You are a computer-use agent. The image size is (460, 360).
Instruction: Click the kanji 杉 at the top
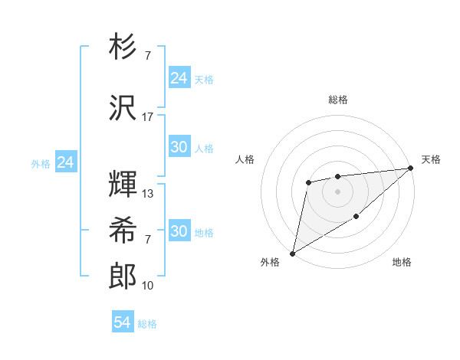click(x=123, y=47)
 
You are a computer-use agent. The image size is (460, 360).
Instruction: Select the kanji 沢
click(x=123, y=106)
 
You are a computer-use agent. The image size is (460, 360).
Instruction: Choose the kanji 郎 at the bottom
click(x=123, y=277)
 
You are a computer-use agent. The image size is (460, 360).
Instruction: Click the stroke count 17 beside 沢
click(x=148, y=116)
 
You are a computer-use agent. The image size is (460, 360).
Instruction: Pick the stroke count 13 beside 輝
click(x=148, y=194)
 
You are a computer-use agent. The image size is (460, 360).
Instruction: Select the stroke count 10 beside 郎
click(x=148, y=286)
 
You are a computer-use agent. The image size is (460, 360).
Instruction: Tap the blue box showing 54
click(x=123, y=322)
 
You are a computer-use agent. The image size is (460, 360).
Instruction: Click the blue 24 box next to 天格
click(x=179, y=78)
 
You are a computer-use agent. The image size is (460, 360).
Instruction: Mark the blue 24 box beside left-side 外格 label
click(x=65, y=162)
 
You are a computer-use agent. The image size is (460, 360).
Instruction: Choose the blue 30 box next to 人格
click(x=179, y=147)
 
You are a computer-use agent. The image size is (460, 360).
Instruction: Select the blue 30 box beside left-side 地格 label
click(x=179, y=231)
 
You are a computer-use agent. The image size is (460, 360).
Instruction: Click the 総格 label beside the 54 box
click(x=147, y=324)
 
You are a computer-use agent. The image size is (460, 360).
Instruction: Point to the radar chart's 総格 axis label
click(x=337, y=100)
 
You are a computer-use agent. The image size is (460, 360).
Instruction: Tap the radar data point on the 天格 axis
click(x=412, y=168)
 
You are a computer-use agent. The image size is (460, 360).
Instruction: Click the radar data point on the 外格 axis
click(x=292, y=253)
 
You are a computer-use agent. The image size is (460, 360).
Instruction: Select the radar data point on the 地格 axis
click(x=356, y=218)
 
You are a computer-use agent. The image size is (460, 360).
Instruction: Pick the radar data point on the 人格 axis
click(x=308, y=182)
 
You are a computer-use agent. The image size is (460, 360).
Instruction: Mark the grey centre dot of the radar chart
click(x=337, y=191)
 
